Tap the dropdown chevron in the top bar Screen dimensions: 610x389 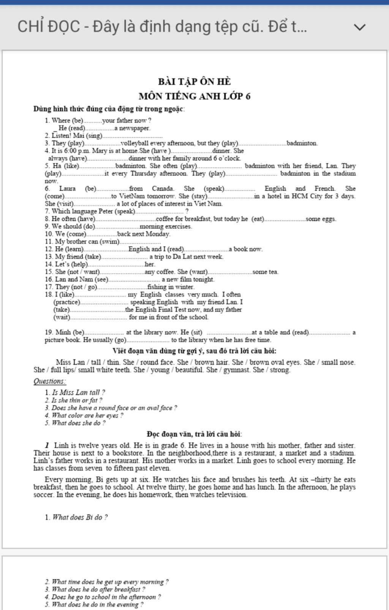point(359,27)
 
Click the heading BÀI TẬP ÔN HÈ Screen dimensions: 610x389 point(194,82)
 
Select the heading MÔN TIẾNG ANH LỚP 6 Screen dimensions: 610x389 point(194,96)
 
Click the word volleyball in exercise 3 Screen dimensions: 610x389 point(135,143)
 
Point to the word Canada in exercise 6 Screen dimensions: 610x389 point(163,188)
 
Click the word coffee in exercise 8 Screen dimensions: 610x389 point(165,219)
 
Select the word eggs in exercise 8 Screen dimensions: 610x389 point(329,219)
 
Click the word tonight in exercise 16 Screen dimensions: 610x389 point(204,280)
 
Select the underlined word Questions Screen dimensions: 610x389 point(49,381)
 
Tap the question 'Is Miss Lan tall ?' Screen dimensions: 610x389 point(78,393)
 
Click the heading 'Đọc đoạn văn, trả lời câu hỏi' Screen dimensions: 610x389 point(194,434)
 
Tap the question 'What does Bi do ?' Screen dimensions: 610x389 point(80,517)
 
